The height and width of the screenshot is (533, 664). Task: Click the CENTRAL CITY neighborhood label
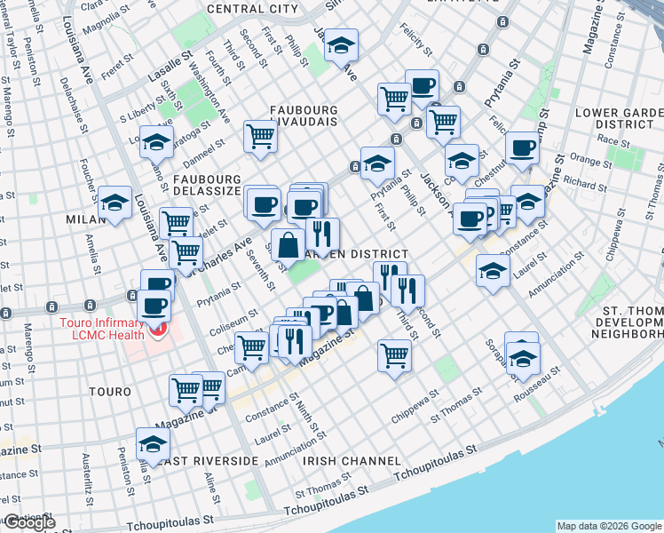252,9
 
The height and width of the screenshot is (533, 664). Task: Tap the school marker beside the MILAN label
115,203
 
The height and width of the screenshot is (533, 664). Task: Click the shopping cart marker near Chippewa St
394,355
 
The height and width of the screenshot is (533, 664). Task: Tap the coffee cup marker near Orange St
523,147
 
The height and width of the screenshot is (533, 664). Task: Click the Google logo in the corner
28,522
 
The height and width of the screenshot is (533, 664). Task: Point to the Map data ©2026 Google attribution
608,526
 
